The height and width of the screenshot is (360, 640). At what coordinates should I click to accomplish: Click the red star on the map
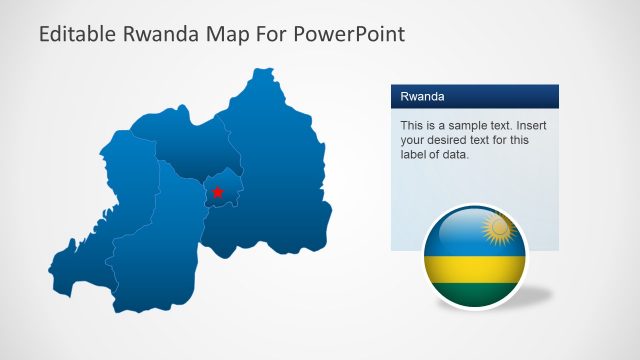coord(217,191)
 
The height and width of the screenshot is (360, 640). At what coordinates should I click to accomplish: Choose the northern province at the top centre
coord(195,145)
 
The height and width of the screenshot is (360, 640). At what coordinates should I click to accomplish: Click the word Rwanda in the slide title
coord(165,34)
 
